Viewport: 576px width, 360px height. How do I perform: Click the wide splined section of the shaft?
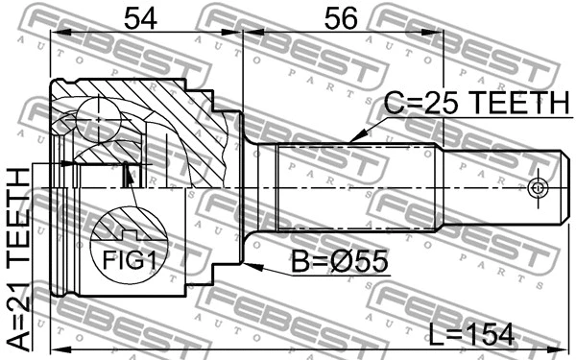360,186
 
